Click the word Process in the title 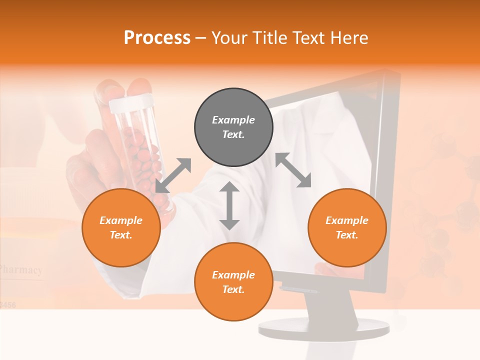pos(157,38)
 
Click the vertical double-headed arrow pos(229,205)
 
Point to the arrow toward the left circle pos(173,175)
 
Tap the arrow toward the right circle pos(293,170)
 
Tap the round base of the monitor pos(324,328)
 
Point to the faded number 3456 pos(8,304)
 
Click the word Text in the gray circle pos(233,134)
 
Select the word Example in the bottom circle pos(233,275)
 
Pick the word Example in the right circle pos(347,220)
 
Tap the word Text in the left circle pos(121,235)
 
